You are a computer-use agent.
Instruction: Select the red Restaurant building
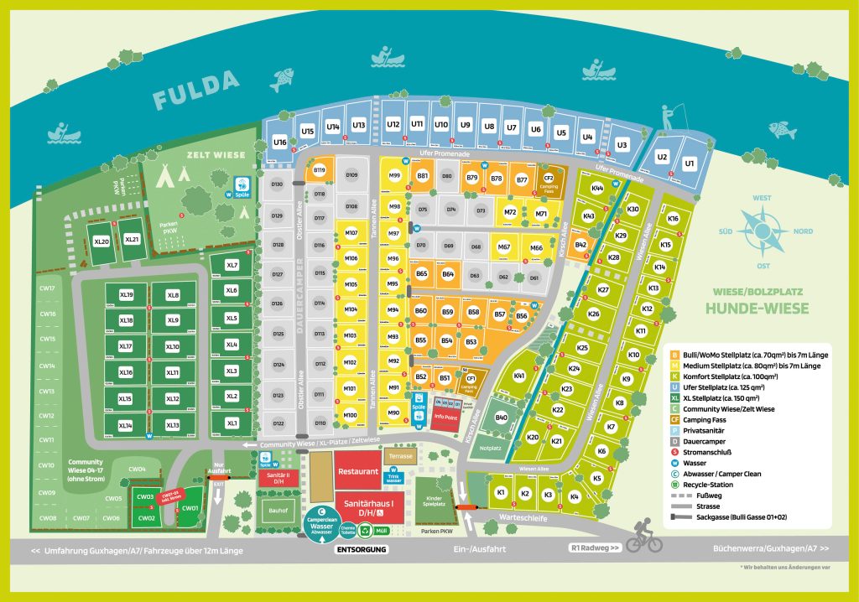358,471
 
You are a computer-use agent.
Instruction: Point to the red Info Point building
445,417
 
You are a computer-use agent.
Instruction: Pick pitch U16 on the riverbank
280,143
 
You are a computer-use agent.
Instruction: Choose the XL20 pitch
102,241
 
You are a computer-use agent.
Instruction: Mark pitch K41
519,376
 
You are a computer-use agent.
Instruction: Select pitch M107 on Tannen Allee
351,232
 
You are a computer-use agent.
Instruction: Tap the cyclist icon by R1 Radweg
643,540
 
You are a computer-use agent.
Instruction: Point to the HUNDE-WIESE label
757,309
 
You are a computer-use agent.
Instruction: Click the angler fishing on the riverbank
671,115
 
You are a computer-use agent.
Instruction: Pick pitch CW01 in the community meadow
190,507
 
